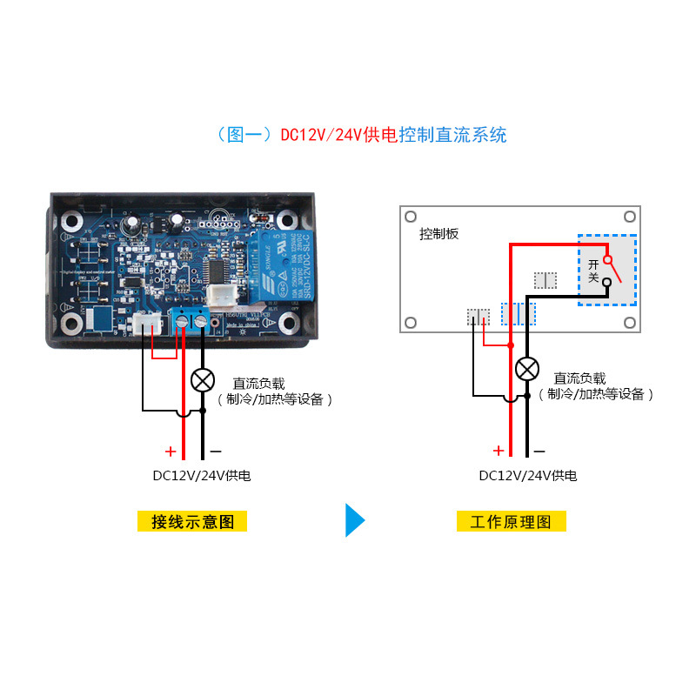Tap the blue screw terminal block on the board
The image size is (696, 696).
[x=191, y=319]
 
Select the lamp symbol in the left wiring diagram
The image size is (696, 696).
[x=203, y=380]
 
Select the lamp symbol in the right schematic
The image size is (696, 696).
[x=526, y=369]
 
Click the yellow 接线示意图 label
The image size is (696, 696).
[x=192, y=521]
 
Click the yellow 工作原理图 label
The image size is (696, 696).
[x=512, y=521]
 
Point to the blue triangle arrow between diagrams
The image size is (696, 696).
[x=355, y=519]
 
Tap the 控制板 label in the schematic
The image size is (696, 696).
[x=438, y=234]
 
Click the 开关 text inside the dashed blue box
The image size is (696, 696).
[x=594, y=270]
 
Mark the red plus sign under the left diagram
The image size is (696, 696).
[x=171, y=452]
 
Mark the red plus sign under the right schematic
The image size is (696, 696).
[x=499, y=451]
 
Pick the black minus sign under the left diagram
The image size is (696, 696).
[x=216, y=452]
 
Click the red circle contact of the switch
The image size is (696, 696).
[x=608, y=259]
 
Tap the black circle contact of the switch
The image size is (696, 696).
[x=607, y=282]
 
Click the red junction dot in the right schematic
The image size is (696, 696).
[x=510, y=345]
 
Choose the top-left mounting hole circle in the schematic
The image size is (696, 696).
[x=412, y=217]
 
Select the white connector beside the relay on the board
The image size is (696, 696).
[x=220, y=296]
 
